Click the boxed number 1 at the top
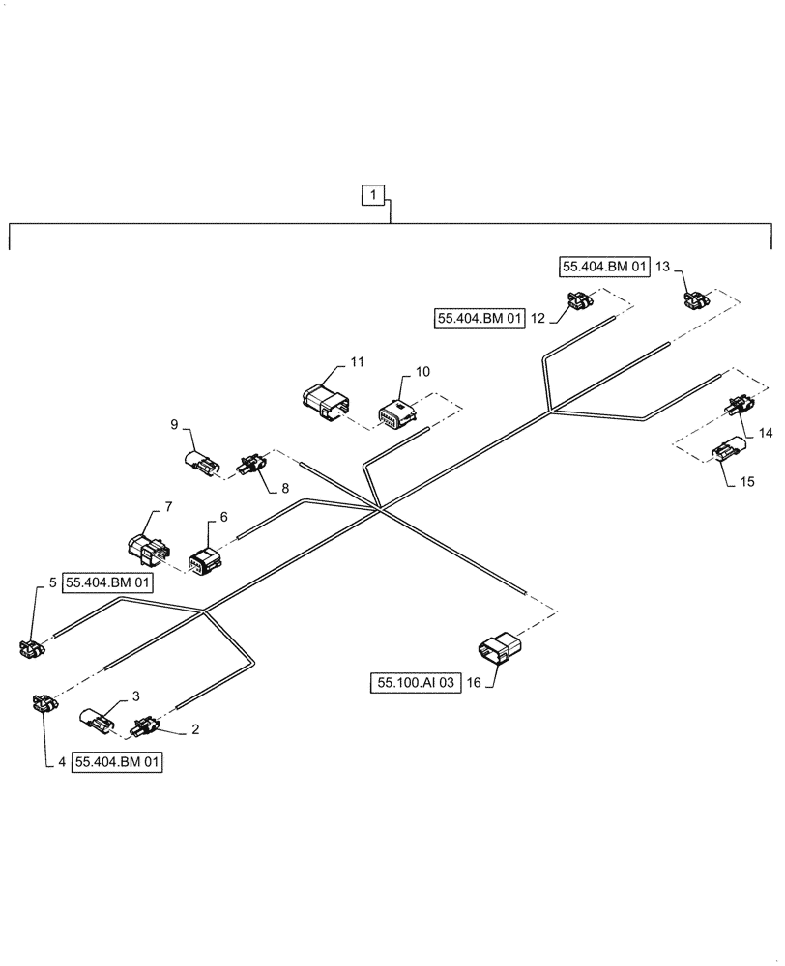[373, 196]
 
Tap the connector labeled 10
[397, 415]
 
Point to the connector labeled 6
[204, 561]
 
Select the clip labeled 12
[579, 303]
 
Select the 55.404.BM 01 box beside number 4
[116, 762]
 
